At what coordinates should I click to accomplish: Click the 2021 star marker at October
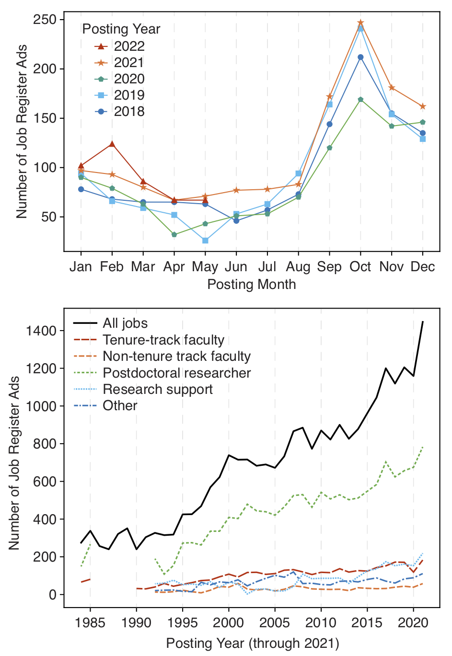[x=360, y=23]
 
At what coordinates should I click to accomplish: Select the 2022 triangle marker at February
[x=112, y=144]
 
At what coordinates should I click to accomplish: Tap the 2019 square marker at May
[x=205, y=241]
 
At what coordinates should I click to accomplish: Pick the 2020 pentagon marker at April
[x=174, y=235]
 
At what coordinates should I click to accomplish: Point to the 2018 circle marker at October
[x=360, y=57]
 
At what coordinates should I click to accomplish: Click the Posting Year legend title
[x=121, y=29]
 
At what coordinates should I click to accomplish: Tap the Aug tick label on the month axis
[x=298, y=267]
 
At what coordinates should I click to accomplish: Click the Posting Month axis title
[x=251, y=285]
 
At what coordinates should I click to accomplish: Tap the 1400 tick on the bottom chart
[x=45, y=331]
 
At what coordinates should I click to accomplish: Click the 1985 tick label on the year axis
[x=90, y=623]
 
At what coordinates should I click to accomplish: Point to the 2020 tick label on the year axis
[x=413, y=623]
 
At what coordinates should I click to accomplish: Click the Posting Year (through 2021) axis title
[x=252, y=643]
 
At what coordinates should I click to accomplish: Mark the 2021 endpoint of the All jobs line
[x=422, y=322]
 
